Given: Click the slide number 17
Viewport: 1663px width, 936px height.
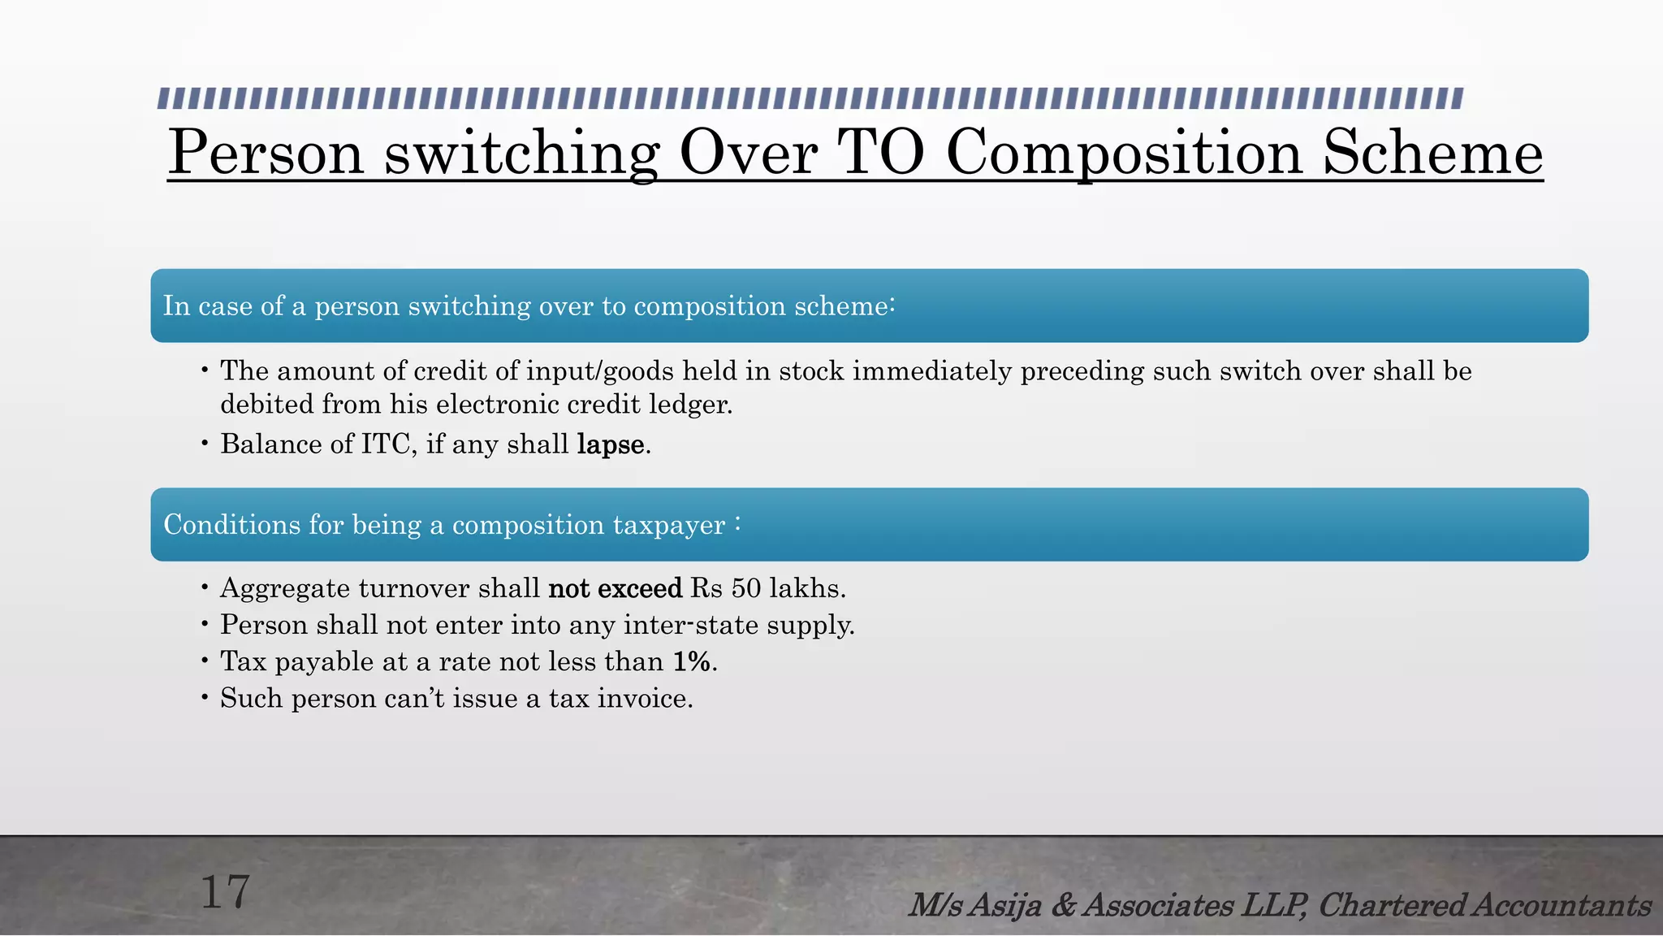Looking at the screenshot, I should (x=225, y=893).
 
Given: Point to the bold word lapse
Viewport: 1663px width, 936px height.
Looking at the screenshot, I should (x=611, y=444).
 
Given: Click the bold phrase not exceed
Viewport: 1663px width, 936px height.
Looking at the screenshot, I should (x=616, y=588).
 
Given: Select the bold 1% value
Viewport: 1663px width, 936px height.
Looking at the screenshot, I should (x=693, y=661).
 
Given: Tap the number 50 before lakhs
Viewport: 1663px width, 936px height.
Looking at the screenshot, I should (x=746, y=588).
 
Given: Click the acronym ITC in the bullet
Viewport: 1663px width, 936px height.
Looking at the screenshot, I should (x=386, y=444).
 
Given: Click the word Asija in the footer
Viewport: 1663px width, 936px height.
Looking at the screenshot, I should (x=1006, y=905).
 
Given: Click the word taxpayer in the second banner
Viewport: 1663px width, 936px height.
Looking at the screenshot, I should (x=669, y=526).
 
